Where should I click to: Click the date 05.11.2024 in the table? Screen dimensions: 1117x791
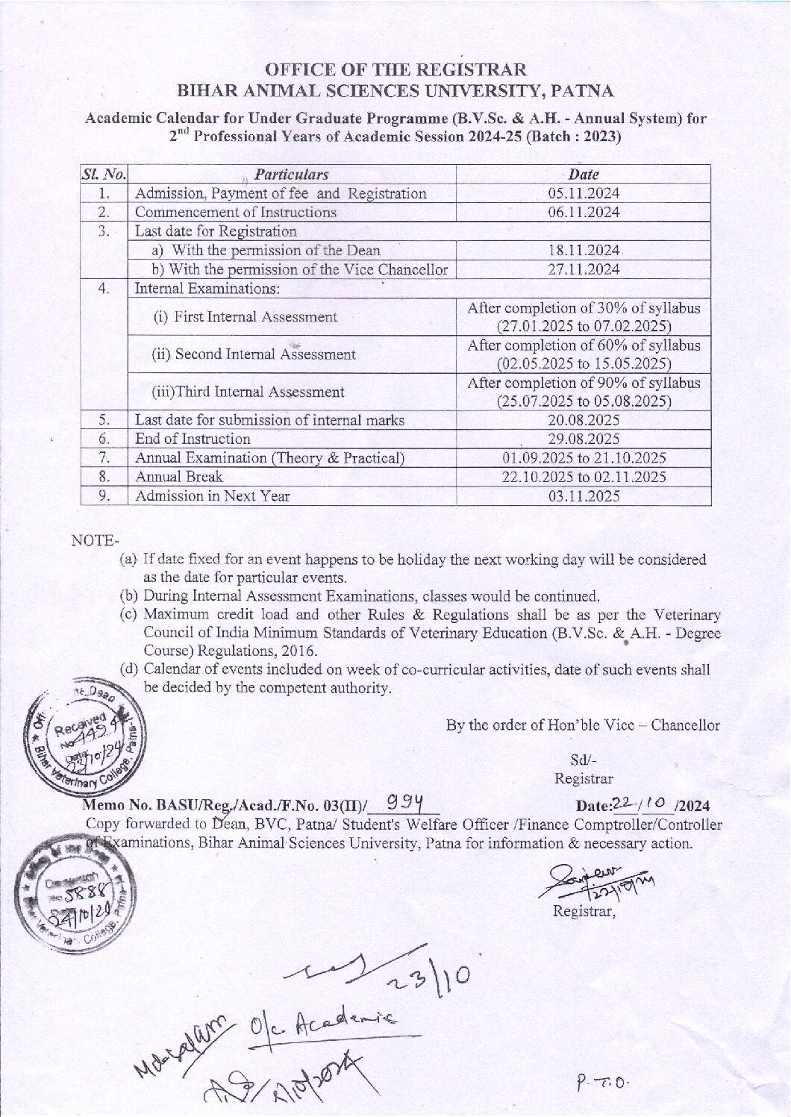[x=584, y=193]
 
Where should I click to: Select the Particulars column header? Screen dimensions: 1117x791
[x=291, y=175]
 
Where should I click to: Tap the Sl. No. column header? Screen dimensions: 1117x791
[x=104, y=175]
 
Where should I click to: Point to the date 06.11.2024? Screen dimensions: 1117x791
[x=584, y=212]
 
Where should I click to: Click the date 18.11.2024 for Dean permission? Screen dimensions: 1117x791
[x=584, y=250]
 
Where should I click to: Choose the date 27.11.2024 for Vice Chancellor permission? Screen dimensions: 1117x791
[x=584, y=269]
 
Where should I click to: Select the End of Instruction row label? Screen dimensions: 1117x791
[x=193, y=439]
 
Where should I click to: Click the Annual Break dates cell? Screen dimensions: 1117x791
[x=584, y=477]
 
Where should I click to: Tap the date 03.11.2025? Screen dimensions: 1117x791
[x=584, y=495]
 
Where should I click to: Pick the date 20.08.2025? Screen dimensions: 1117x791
[x=584, y=420]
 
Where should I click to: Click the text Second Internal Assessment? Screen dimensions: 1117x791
[x=254, y=354]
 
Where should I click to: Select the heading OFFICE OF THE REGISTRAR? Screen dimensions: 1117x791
[x=395, y=70]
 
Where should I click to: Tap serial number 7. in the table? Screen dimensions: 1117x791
[x=104, y=457]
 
